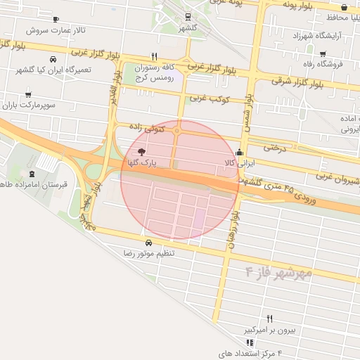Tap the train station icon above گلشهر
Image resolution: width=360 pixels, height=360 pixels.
click(x=188, y=17)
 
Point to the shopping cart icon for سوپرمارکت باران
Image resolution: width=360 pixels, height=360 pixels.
click(x=28, y=94)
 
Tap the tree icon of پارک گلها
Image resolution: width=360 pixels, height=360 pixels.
click(x=141, y=152)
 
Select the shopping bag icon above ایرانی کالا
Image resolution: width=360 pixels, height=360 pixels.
click(x=239, y=152)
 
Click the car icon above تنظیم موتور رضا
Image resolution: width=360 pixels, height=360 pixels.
click(x=148, y=243)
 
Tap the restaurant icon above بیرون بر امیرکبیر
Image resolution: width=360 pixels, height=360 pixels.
click(x=269, y=319)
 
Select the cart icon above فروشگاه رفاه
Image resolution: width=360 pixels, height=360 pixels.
click(x=323, y=54)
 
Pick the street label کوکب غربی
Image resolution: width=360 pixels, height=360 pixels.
click(x=214, y=100)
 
